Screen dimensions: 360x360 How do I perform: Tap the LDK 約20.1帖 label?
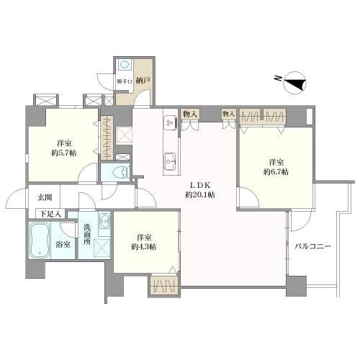pyautogui.click(x=200, y=190)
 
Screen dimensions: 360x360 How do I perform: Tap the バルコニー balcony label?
pyautogui.click(x=312, y=246)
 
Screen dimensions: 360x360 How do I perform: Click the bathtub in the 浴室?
pyautogui.click(x=40, y=240)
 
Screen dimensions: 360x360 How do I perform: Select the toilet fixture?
pyautogui.click(x=121, y=173)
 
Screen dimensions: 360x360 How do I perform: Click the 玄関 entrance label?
pyautogui.click(x=45, y=198)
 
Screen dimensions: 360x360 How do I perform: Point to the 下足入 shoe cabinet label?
pyautogui.click(x=50, y=213)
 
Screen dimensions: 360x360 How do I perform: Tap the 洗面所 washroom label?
pyautogui.click(x=87, y=234)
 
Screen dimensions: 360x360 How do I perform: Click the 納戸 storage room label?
pyautogui.click(x=143, y=80)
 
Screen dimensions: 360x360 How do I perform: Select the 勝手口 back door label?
pyautogui.click(x=125, y=81)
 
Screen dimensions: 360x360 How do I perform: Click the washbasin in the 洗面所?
pyautogui.click(x=104, y=220)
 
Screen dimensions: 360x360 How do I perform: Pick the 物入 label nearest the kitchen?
pyautogui.click(x=190, y=114)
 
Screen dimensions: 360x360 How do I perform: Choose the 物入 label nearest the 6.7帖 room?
pyautogui.click(x=228, y=114)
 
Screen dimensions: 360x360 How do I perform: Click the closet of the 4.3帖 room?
pyautogui.click(x=164, y=284)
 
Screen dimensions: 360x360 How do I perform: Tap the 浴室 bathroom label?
pyautogui.click(x=63, y=245)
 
